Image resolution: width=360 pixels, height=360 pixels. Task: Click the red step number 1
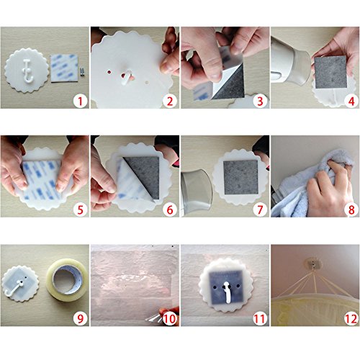pyautogui.click(x=80, y=102)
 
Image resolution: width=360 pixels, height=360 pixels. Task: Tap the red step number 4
pyautogui.click(x=351, y=102)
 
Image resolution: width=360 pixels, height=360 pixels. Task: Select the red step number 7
pyautogui.click(x=261, y=210)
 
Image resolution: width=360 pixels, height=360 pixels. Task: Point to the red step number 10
pyautogui.click(x=170, y=319)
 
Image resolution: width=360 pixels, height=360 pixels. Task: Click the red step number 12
pyautogui.click(x=351, y=319)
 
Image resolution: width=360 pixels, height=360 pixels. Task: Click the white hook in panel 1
pyautogui.click(x=27, y=70)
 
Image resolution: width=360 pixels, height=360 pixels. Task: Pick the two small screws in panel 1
pyautogui.click(x=82, y=71)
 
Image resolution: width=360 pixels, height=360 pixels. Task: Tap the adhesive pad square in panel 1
pyautogui.click(x=64, y=68)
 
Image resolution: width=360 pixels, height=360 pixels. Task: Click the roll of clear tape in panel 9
pyautogui.click(x=67, y=280)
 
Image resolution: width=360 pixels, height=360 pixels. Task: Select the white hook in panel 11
pyautogui.click(x=227, y=292)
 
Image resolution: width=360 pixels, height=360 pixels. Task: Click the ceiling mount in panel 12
pyautogui.click(x=313, y=264)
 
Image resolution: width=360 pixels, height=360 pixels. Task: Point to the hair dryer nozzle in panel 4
pyautogui.click(x=301, y=68)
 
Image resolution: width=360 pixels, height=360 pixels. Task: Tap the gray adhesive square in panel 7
pyautogui.click(x=240, y=178)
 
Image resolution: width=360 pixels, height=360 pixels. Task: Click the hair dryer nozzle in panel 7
pyautogui.click(x=197, y=189)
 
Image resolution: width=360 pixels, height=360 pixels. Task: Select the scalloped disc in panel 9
pyautogui.click(x=20, y=284)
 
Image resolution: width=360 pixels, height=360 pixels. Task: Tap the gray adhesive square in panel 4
pyautogui.click(x=330, y=72)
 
